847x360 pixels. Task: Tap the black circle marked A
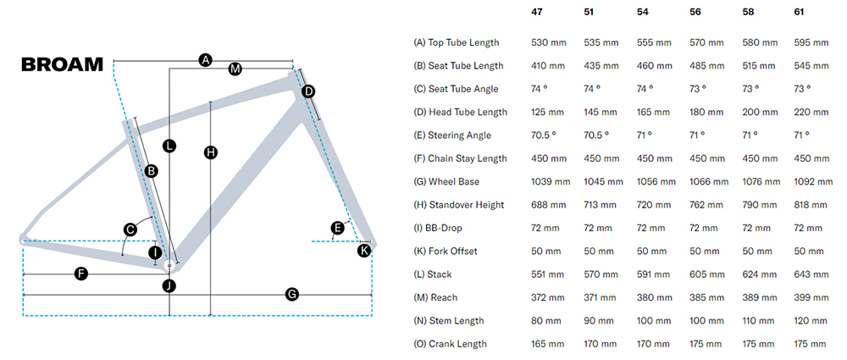coord(204,60)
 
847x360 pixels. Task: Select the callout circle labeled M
coord(235,69)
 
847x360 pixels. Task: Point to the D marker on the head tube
coord(308,91)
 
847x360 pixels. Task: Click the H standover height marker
coord(211,152)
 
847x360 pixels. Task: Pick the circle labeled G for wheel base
coord(291,294)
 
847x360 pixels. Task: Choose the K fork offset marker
coord(364,250)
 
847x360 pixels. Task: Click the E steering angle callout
coord(338,227)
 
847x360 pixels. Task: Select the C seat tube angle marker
coord(130,229)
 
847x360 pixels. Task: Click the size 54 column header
coord(643,12)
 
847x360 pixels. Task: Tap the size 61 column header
coord(800,12)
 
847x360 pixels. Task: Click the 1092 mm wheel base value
coord(813,181)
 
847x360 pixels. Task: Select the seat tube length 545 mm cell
coord(811,65)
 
